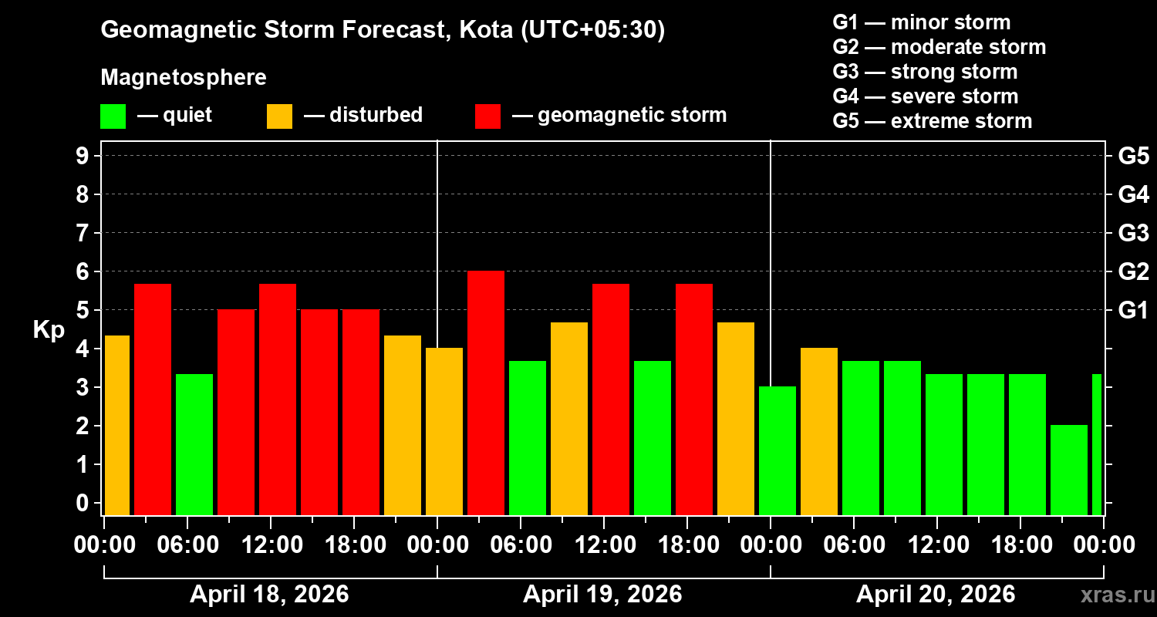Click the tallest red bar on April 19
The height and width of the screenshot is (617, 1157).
tap(486, 393)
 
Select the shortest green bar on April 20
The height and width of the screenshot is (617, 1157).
tap(1069, 470)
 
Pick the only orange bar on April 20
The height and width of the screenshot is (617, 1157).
tap(819, 431)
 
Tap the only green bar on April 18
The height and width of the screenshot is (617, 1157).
tap(194, 444)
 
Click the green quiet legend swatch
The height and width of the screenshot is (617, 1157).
tap(113, 116)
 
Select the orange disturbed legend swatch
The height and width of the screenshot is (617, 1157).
tap(280, 116)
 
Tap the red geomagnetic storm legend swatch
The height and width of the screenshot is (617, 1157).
tap(488, 116)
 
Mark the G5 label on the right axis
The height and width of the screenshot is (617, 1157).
tap(1133, 157)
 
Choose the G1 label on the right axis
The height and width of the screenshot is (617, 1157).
tap(1133, 311)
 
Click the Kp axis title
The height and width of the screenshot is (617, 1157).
tap(49, 330)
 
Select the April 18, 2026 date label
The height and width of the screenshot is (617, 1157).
tap(269, 595)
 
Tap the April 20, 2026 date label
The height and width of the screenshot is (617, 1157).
tap(936, 595)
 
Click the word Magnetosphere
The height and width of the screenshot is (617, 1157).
tap(184, 78)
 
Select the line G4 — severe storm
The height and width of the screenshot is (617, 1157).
tap(926, 96)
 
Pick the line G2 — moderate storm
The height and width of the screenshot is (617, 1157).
tap(939, 47)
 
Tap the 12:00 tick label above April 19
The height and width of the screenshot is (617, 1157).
tap(604, 545)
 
